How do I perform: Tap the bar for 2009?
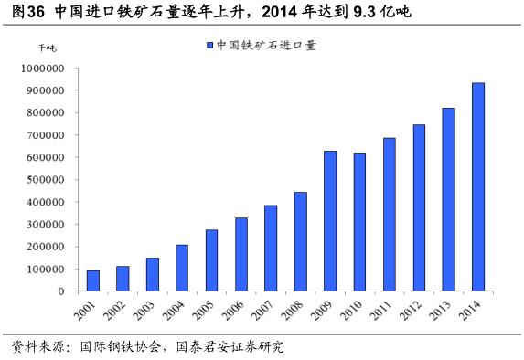[x=330, y=221]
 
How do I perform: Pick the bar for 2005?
[x=211, y=260]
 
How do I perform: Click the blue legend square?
[x=209, y=44]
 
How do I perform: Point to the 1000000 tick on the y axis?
[x=41, y=69]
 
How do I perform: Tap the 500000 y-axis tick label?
[x=44, y=180]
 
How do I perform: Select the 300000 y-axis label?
[x=44, y=225]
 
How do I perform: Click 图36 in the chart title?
[x=24, y=12]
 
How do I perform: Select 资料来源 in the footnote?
[x=32, y=347]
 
